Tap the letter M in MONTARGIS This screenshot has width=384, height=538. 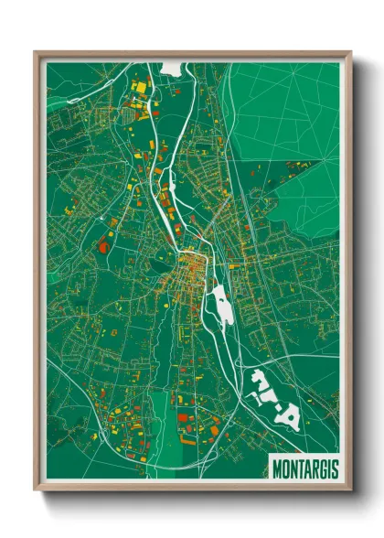(x=277, y=468)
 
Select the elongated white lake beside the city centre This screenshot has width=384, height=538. (x=221, y=304)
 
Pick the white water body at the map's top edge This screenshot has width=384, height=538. (x=172, y=68)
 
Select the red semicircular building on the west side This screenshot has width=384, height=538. (x=101, y=245)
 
